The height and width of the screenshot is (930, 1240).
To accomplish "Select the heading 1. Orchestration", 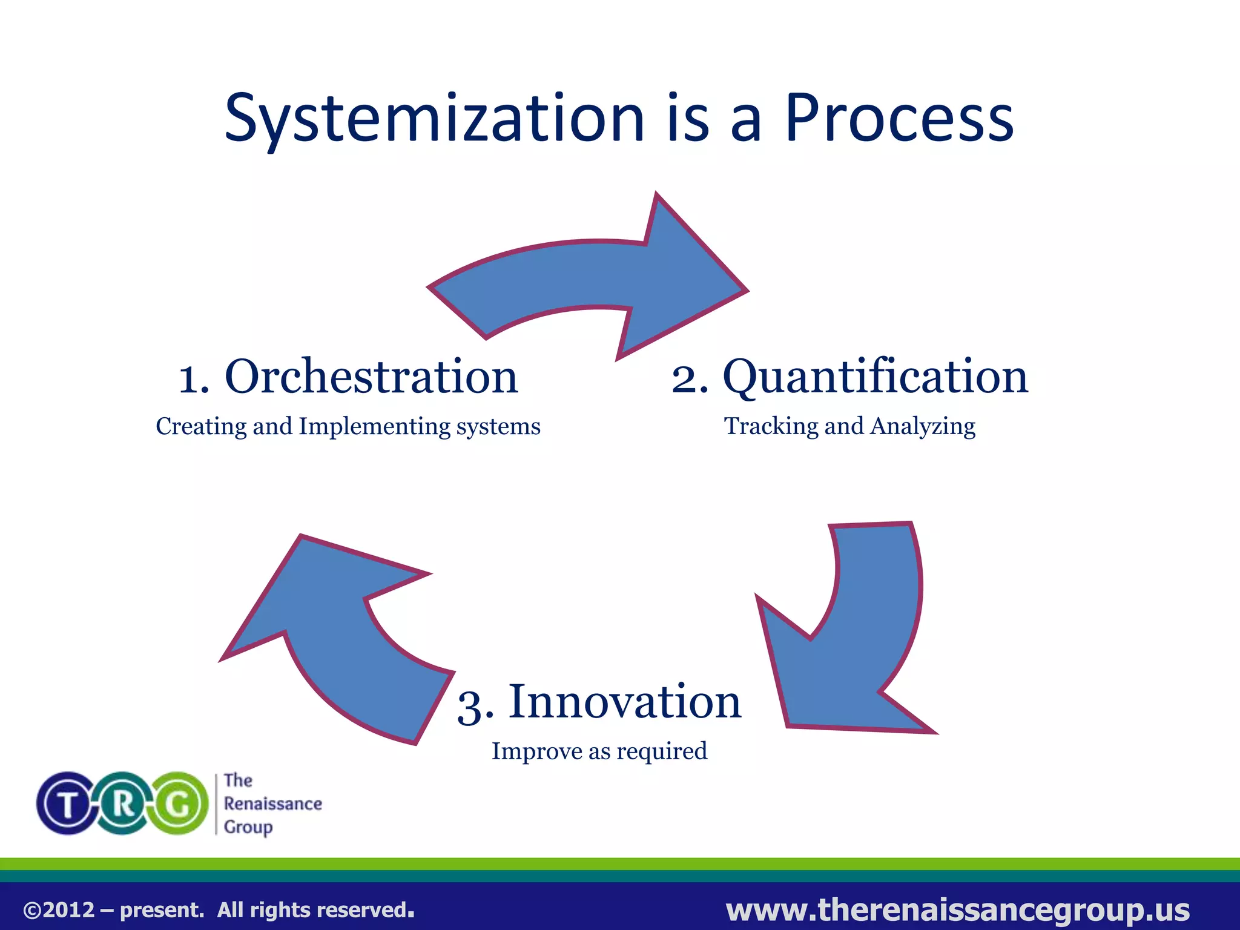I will (348, 377).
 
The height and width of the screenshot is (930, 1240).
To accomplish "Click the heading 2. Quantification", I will (849, 377).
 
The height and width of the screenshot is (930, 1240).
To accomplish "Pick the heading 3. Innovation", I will (599, 702).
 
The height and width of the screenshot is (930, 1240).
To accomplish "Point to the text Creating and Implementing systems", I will (348, 426).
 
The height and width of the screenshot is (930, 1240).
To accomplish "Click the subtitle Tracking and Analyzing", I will (849, 426).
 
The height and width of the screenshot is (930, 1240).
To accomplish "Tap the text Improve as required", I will (599, 751).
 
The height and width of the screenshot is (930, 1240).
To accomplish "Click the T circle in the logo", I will (67, 804).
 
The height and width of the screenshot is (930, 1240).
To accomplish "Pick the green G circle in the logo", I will (179, 804).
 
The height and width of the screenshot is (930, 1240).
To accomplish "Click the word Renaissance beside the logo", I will (272, 804).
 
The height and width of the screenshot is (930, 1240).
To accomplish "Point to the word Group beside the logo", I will (248, 827).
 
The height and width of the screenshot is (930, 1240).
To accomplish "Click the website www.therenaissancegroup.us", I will (957, 909).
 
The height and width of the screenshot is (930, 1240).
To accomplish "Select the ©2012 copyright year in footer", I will (59, 910).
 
